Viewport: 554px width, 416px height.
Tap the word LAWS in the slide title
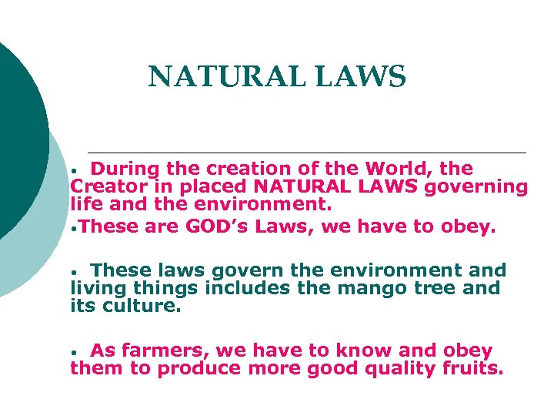tap(362, 77)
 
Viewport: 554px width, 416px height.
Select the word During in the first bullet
tap(126, 169)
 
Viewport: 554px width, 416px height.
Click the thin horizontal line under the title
tap(308, 151)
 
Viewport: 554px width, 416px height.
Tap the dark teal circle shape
tap(19, 139)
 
